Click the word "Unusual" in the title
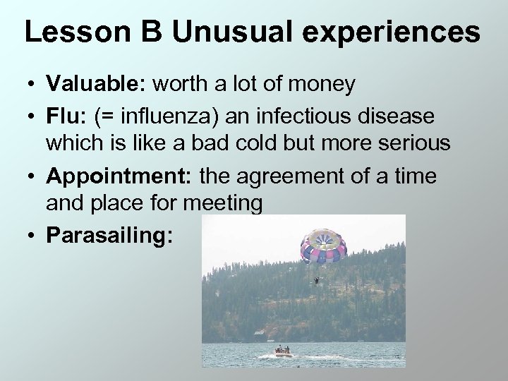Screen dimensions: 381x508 click(225, 34)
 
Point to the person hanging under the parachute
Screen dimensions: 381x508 click(315, 281)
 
